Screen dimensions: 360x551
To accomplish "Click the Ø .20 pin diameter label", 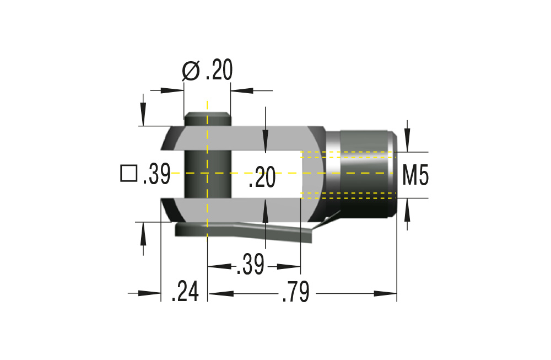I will click(208, 71).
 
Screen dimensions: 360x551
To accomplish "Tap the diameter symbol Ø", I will click(191, 71).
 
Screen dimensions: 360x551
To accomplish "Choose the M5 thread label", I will click(415, 175).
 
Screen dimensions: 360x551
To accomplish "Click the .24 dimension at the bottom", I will click(185, 292).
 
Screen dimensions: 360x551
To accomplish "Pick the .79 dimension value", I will click(295, 292).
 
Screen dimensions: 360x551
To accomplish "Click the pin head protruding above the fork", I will click(207, 119).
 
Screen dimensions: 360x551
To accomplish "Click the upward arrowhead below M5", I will click(407, 207).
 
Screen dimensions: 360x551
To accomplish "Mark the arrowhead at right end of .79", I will click(388, 293).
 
